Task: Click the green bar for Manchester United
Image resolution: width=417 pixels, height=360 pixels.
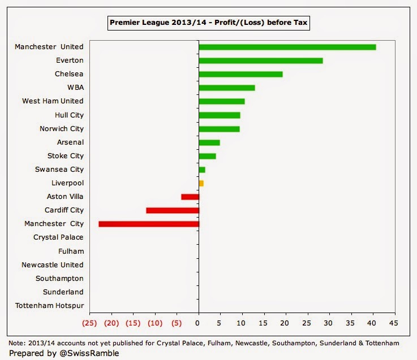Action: point(287,47)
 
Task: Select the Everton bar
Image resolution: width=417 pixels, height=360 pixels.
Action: point(261,60)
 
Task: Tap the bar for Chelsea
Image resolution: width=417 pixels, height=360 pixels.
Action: point(240,74)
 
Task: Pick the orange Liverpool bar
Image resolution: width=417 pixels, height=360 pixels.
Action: point(201,183)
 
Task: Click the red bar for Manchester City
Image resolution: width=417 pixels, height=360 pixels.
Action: point(149,224)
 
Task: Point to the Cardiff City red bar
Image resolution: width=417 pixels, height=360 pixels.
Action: point(173,210)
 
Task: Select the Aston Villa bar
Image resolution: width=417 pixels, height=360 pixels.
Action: point(190,197)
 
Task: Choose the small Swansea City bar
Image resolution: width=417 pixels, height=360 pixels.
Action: point(202,170)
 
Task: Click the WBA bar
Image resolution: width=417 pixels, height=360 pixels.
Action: point(227,88)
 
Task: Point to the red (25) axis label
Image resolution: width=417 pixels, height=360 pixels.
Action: point(89,323)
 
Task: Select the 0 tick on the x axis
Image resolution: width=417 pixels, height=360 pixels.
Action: point(198,323)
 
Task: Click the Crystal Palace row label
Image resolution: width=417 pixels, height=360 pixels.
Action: point(58,237)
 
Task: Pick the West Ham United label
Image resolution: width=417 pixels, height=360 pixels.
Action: point(53,101)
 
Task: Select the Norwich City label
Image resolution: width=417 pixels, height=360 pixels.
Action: point(62,128)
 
